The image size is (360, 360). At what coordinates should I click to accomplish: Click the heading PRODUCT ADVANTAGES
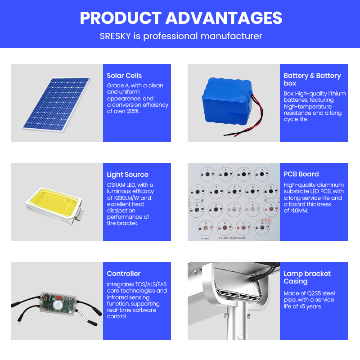181,18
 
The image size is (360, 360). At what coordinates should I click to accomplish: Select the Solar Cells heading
124,76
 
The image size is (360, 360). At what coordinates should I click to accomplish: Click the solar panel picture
57,105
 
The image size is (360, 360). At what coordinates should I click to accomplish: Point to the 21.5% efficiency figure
133,111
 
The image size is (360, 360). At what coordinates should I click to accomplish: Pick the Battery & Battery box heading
312,79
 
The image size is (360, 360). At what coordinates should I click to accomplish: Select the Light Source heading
127,175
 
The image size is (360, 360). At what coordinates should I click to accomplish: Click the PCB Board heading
301,174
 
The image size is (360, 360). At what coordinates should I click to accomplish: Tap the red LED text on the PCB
266,220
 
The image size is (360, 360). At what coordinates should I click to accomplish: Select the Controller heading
123,274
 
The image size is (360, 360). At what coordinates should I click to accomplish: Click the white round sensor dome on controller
58,305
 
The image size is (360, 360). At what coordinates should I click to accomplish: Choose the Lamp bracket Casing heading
307,277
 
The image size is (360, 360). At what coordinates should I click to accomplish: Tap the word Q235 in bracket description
314,294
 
